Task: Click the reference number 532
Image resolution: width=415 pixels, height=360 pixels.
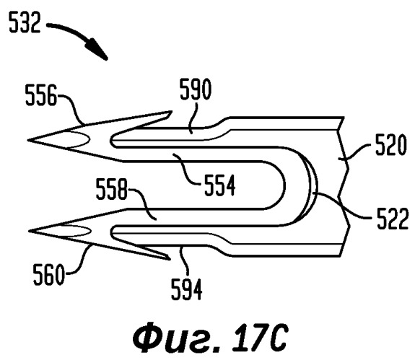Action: click(x=25, y=23)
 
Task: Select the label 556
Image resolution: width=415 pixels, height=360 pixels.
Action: click(x=41, y=95)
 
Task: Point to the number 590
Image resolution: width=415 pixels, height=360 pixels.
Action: click(x=196, y=89)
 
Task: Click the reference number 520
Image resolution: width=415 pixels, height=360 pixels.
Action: click(x=391, y=145)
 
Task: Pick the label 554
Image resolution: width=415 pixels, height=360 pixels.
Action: click(x=220, y=185)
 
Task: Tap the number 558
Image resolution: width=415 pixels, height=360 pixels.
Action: click(x=112, y=189)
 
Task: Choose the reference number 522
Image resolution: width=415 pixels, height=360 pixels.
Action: click(x=393, y=219)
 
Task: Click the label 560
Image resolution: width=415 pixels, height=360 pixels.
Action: click(x=48, y=275)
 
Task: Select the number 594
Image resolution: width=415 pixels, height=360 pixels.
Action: click(x=187, y=289)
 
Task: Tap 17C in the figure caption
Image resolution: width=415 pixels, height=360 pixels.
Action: click(x=260, y=338)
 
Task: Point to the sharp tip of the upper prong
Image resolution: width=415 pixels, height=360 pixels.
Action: click(x=28, y=140)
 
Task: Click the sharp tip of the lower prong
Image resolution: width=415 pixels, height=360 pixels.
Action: click(x=29, y=231)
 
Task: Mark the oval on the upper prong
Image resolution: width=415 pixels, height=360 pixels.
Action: click(x=75, y=139)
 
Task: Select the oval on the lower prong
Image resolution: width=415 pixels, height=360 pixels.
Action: click(x=76, y=231)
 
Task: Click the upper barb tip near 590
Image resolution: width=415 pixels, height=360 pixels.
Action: click(x=172, y=112)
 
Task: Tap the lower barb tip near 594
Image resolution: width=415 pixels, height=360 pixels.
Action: click(x=169, y=259)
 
